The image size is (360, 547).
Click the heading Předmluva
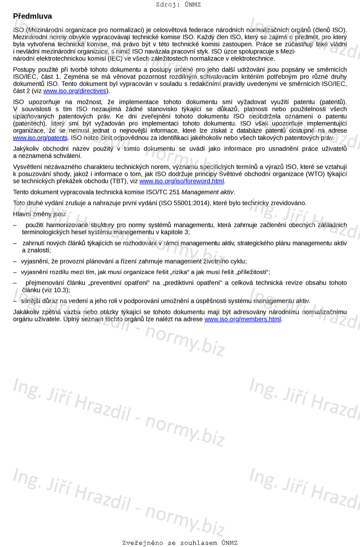[32, 16]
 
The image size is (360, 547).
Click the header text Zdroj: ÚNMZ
[178, 5]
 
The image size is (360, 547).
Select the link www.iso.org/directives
[75, 91]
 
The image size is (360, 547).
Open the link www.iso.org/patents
[40, 138]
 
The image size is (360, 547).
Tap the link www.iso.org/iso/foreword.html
[182, 181]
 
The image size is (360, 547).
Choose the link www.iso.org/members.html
[242, 319]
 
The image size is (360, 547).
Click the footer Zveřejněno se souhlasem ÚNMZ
[180, 543]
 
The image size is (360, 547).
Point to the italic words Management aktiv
[208, 192]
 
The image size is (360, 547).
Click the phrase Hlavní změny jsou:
[40, 214]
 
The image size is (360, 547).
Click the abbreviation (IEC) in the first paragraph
[114, 59]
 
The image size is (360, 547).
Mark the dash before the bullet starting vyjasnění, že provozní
[15, 261]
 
